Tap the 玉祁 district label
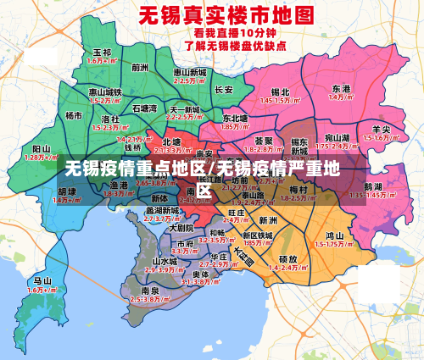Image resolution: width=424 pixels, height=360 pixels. point(101,53)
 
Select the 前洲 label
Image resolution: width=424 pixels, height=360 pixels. point(140,67)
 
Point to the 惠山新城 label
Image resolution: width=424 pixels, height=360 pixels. point(189,73)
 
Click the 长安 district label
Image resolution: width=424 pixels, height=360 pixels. point(224,88)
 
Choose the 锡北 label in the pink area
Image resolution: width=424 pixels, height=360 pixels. point(280,91)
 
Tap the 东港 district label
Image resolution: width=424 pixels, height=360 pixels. point(341,88)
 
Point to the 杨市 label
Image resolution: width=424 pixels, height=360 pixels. point(75,115)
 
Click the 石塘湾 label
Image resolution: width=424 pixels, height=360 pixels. point(145,108)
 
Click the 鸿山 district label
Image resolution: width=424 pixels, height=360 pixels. point(334,235)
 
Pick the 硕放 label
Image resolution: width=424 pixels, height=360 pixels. point(287,258)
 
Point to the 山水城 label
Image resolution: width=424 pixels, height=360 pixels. point(165,261)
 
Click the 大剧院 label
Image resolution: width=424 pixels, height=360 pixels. point(181,228)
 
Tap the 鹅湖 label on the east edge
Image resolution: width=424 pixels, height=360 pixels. point(372,186)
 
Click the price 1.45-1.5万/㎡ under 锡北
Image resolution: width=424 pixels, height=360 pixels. point(280,100)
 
